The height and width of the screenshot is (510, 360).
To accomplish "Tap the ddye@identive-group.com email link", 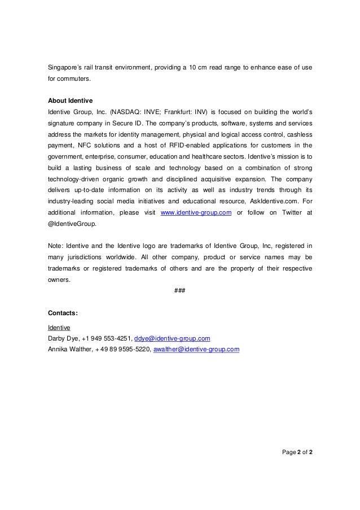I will (x=172, y=338).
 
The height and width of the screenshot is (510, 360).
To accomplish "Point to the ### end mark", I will (x=180, y=290).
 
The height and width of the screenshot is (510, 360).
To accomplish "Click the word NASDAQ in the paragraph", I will (x=129, y=112).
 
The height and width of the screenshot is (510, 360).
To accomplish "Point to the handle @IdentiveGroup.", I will (x=72, y=223).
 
